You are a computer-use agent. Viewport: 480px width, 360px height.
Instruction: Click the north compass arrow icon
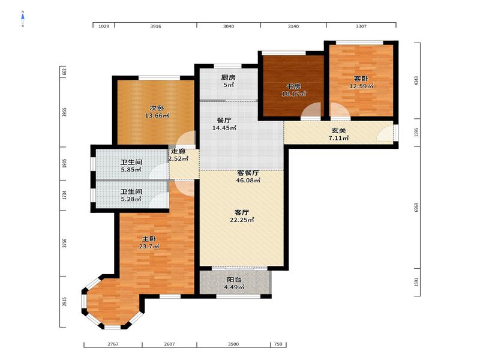tap(23, 19)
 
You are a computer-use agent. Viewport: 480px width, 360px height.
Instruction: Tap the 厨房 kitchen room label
tap(229, 77)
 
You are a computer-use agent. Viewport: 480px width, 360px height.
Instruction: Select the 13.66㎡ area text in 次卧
tap(157, 116)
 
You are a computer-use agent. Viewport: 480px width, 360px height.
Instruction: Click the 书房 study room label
tap(293, 86)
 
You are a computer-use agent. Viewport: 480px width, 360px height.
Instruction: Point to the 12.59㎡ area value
tap(361, 86)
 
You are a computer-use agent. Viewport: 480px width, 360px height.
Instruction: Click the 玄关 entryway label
tap(338, 131)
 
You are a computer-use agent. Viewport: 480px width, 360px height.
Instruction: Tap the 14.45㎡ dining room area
tap(224, 128)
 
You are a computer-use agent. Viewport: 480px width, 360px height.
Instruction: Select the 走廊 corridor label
tap(178, 151)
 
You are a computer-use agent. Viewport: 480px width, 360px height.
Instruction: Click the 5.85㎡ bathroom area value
tap(131, 170)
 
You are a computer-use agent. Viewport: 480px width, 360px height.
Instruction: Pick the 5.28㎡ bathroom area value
tap(131, 199)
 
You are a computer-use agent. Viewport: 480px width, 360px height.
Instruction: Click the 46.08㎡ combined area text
tap(248, 181)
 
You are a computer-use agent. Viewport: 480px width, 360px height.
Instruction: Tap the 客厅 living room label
tap(242, 212)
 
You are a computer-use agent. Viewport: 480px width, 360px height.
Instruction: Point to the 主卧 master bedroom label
tap(149, 239)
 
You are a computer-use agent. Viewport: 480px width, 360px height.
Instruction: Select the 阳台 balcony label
tap(234, 280)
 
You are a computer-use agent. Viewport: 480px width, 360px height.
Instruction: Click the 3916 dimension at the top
tap(155, 26)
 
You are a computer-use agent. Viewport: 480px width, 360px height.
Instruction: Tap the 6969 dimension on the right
tap(416, 207)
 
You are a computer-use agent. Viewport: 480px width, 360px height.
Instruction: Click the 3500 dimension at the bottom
tap(233, 344)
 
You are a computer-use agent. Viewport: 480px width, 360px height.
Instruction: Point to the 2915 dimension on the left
tap(64, 302)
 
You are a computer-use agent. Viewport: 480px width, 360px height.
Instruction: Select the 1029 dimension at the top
tap(104, 26)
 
